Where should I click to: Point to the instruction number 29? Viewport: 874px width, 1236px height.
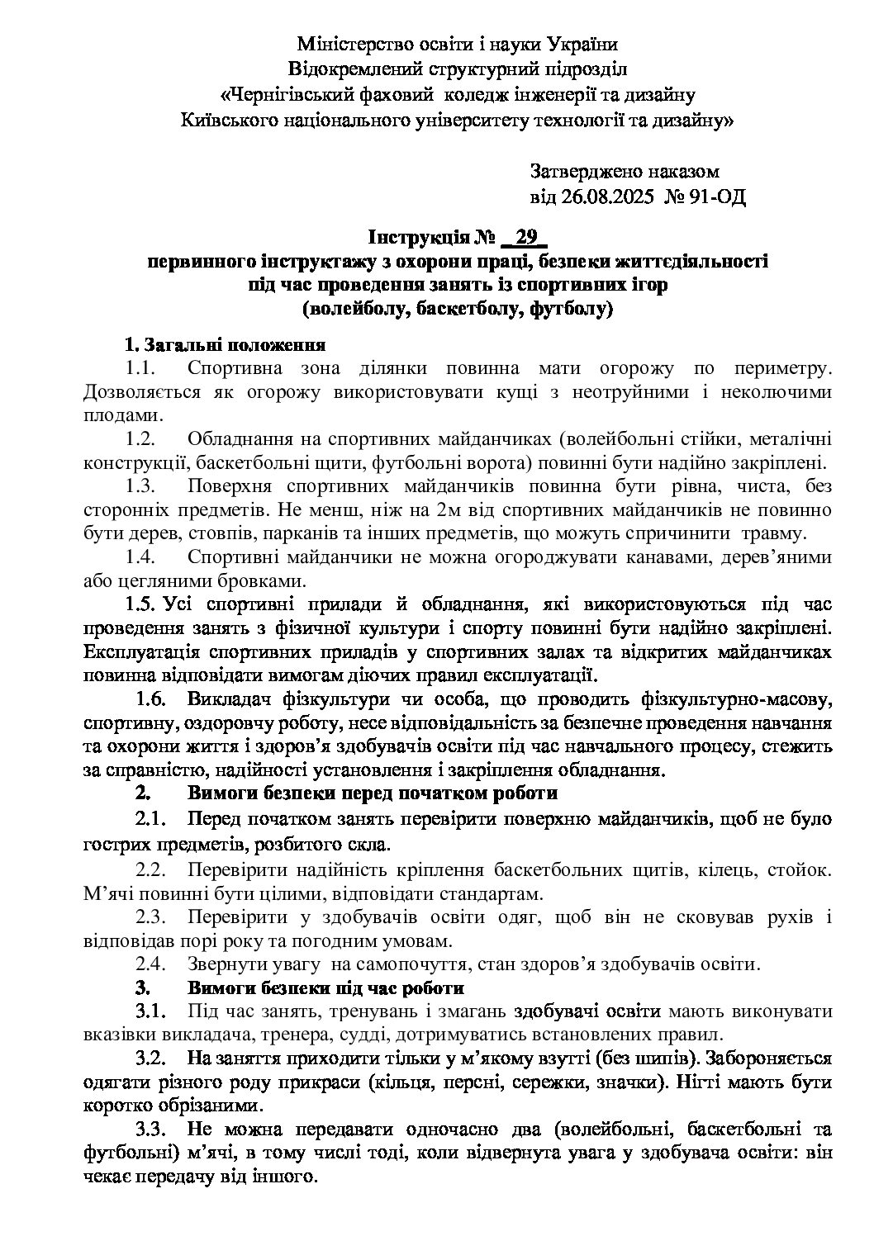click(x=525, y=239)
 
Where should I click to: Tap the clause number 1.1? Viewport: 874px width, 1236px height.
click(x=140, y=367)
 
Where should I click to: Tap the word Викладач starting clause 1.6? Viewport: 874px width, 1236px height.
click(x=225, y=701)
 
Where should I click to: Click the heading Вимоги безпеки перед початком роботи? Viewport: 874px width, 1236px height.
click(x=373, y=794)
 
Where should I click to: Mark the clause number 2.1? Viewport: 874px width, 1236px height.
click(x=151, y=820)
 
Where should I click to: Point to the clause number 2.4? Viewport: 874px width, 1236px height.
click(x=152, y=964)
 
